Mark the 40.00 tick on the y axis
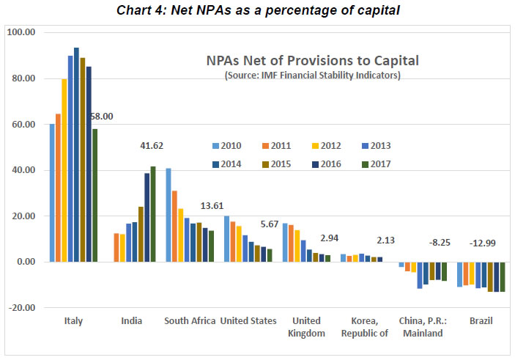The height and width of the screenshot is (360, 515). click(22, 170)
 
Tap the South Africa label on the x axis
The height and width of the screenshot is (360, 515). click(189, 320)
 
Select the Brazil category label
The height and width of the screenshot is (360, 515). click(481, 320)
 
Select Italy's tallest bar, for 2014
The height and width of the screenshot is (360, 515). click(76, 155)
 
